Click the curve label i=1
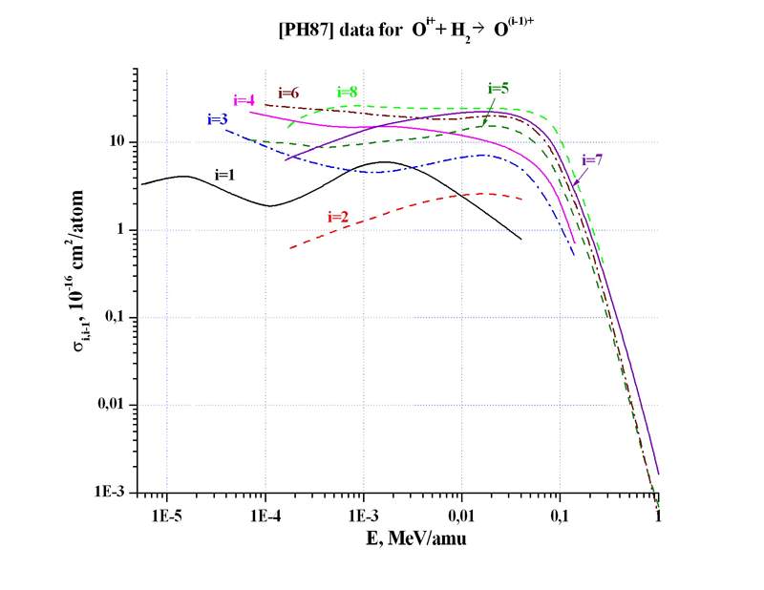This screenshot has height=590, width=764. (224, 175)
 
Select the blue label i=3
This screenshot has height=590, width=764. (217, 119)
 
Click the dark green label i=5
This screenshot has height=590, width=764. (498, 89)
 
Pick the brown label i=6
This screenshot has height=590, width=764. (288, 93)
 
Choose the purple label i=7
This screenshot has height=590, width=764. (592, 160)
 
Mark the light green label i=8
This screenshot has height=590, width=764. (348, 92)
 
